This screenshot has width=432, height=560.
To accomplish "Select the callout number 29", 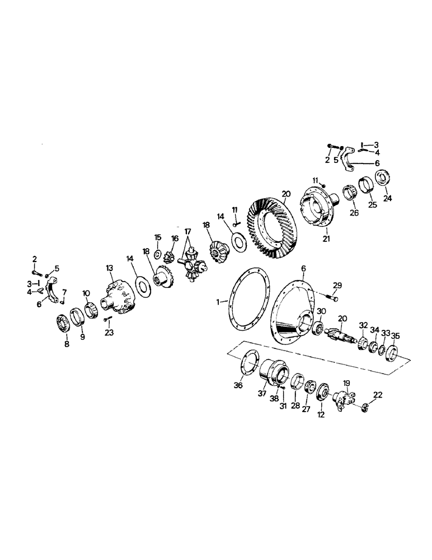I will click(x=337, y=286).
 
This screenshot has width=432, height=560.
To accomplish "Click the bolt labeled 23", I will click(x=106, y=319).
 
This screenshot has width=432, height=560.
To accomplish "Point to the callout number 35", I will click(x=396, y=336).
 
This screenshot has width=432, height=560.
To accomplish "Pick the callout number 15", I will click(x=158, y=237).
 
